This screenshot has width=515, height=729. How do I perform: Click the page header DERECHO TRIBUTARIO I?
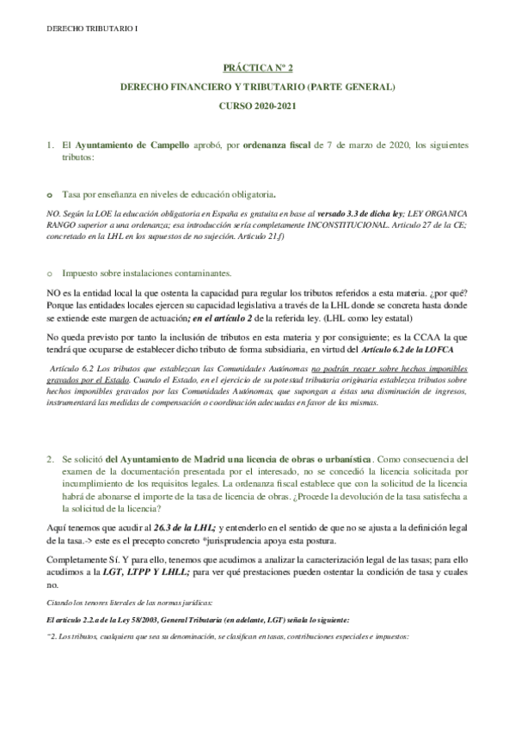click(83, 29)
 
